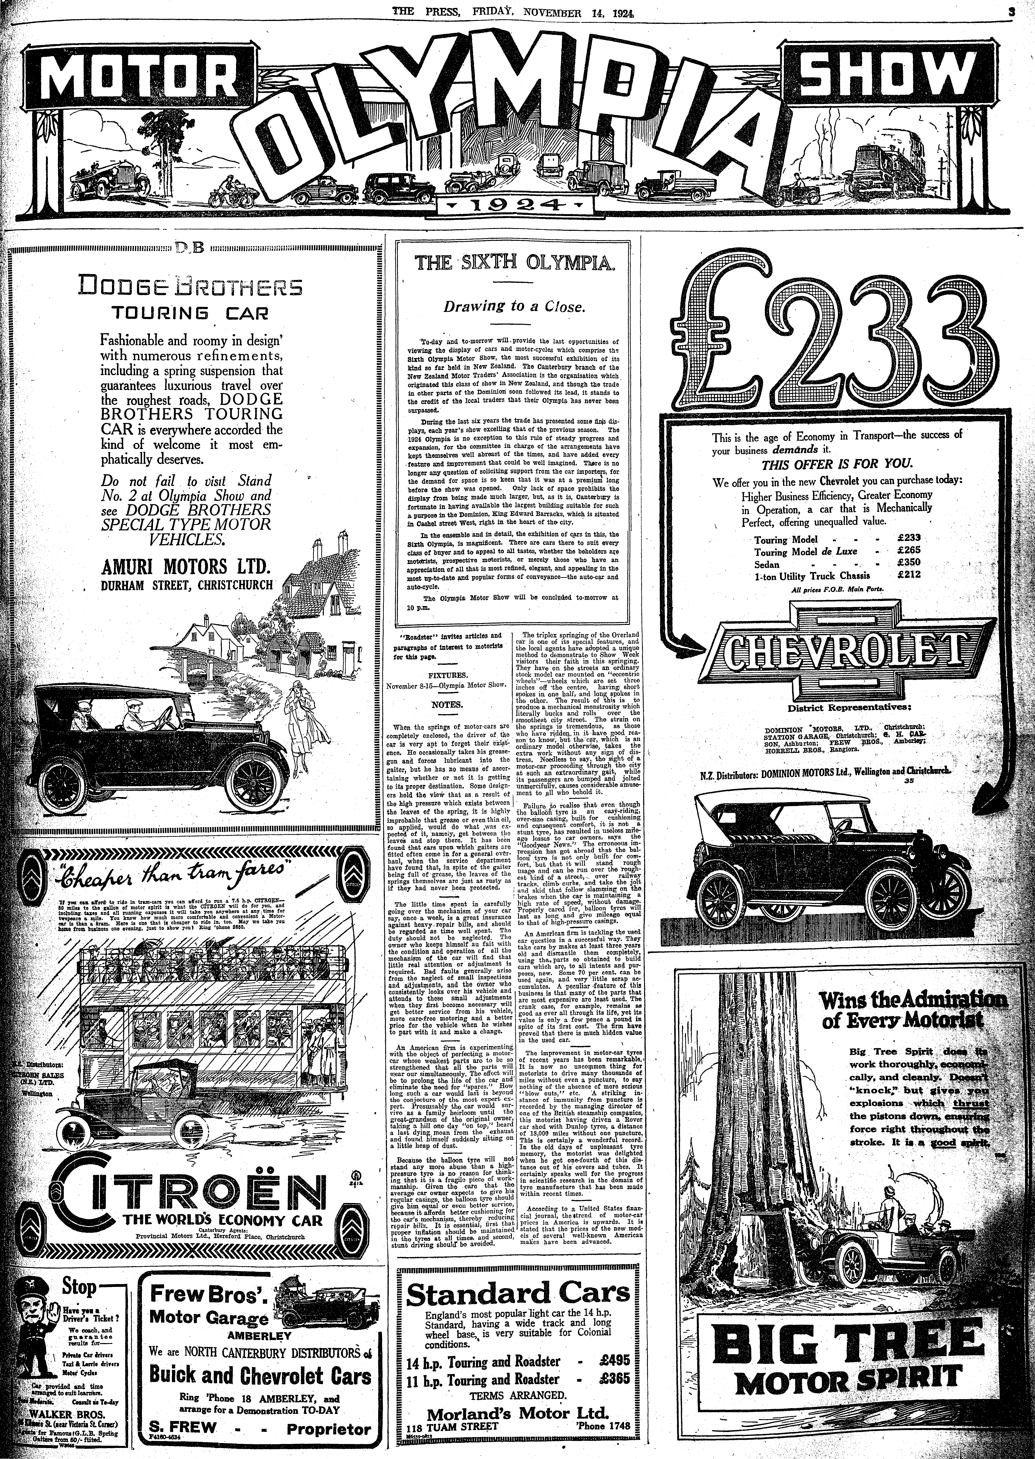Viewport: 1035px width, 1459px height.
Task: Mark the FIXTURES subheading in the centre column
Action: point(446,672)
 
